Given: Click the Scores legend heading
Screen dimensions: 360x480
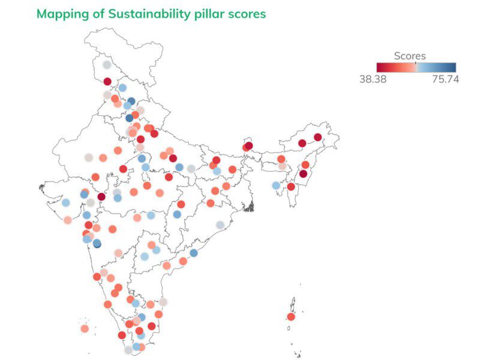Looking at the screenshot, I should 410,56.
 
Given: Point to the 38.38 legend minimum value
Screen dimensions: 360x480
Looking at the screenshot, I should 373,79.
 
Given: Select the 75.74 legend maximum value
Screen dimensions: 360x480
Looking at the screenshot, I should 445,79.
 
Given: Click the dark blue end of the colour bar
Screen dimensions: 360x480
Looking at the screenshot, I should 452,67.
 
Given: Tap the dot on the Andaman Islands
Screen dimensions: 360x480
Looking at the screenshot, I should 291,317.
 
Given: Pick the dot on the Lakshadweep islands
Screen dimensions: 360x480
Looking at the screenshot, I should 85,328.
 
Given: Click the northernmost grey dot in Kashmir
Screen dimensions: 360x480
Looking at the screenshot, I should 107,65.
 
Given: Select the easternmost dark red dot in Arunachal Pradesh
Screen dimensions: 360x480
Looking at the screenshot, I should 318,137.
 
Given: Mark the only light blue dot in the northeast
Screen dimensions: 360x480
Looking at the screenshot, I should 276,185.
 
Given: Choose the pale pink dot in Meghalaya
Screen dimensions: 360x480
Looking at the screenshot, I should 282,166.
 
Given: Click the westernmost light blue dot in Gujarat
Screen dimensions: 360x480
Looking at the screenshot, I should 65,203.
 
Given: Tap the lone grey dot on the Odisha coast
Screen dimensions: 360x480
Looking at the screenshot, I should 220,225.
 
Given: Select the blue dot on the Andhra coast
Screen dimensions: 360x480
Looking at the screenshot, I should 194,253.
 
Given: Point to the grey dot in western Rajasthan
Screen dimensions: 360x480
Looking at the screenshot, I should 88,158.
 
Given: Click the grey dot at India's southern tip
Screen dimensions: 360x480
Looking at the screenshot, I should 128,350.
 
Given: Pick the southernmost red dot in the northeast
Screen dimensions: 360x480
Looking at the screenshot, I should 291,187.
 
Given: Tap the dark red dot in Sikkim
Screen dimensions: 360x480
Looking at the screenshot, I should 248,146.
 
